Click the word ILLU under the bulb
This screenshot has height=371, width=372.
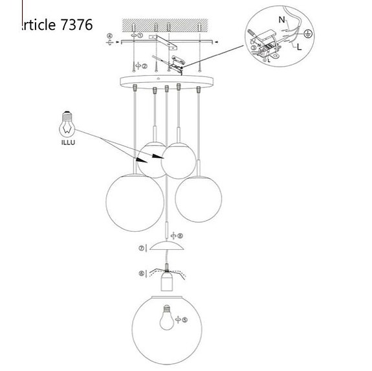click(x=68, y=142)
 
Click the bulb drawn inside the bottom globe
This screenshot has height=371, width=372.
click(x=166, y=319)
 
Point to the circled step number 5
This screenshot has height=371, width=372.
click(x=185, y=319)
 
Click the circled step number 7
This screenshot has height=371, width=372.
click(x=140, y=248)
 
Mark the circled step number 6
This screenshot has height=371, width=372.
click(x=140, y=274)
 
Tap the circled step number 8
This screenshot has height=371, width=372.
click(x=181, y=236)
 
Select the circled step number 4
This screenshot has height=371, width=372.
click(x=109, y=36)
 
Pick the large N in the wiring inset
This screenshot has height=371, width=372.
click(x=281, y=20)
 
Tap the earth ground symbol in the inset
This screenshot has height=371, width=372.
click(x=309, y=33)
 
